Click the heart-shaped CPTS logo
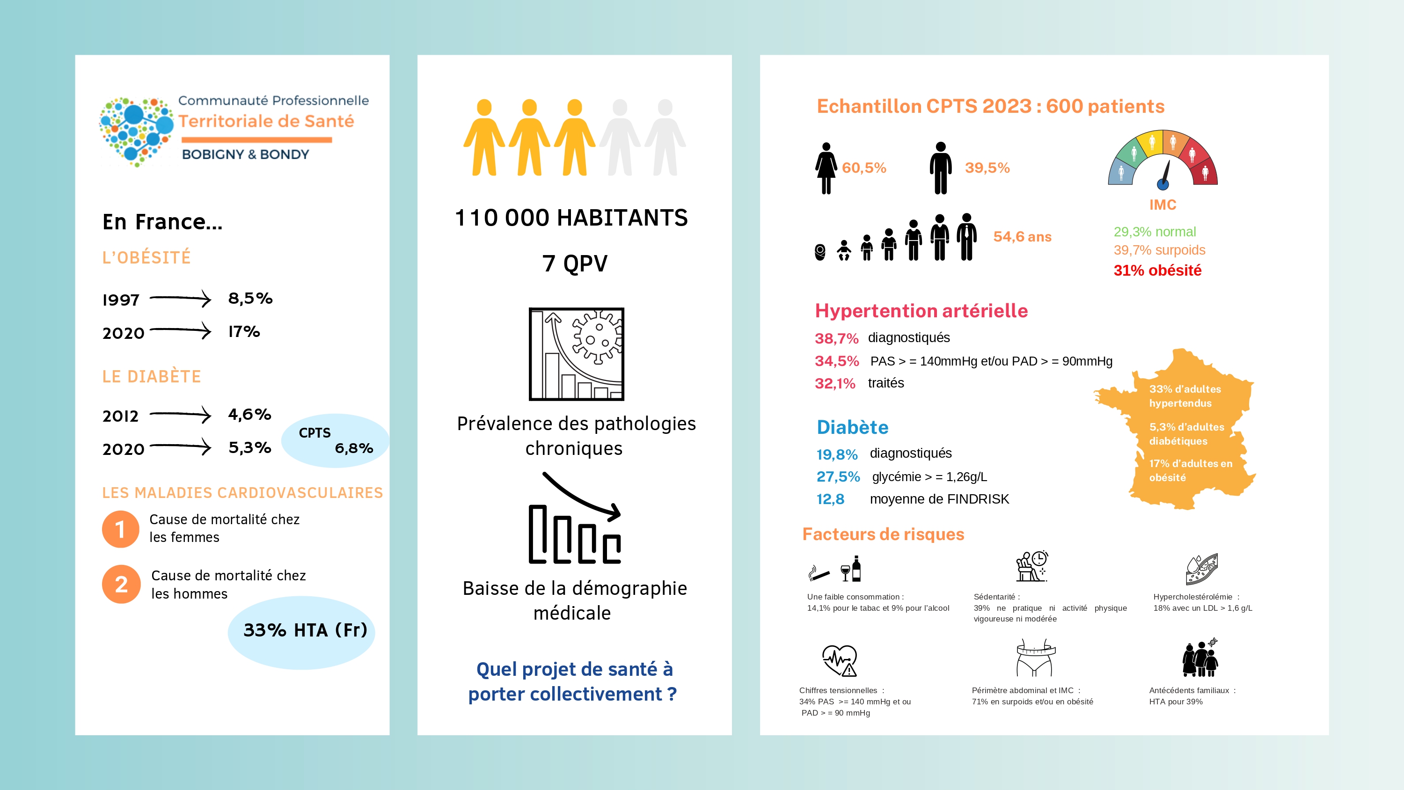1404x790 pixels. click(136, 132)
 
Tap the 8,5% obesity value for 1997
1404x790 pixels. click(250, 298)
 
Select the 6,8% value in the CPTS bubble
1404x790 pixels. click(354, 448)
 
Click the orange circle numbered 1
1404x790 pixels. click(120, 529)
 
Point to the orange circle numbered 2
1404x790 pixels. click(121, 584)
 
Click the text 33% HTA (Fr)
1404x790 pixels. click(305, 630)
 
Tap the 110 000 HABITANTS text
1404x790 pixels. click(571, 218)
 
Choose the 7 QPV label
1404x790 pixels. click(574, 263)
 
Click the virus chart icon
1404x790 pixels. click(576, 354)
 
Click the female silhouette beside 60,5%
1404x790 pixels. click(826, 168)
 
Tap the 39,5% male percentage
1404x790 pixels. click(987, 168)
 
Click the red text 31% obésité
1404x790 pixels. click(1157, 271)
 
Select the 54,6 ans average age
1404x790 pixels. click(1022, 237)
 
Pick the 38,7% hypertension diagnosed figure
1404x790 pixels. click(836, 338)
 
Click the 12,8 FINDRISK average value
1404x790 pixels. click(830, 499)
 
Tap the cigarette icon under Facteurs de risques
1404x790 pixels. click(819, 572)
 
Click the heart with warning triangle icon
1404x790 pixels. click(839, 660)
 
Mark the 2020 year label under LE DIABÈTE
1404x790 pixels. click(123, 449)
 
